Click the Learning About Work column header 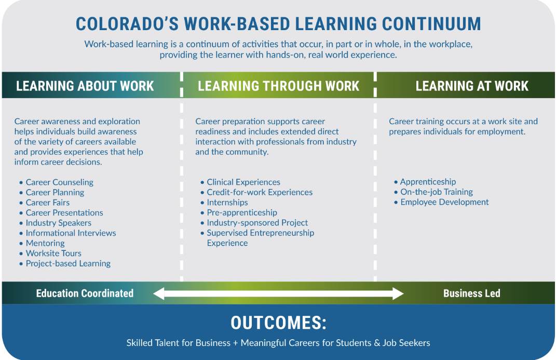point(85,86)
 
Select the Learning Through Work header point(279,86)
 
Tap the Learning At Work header point(472,86)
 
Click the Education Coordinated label point(85,294)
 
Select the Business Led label point(471,294)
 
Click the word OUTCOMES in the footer point(279,323)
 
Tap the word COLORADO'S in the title point(127,24)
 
